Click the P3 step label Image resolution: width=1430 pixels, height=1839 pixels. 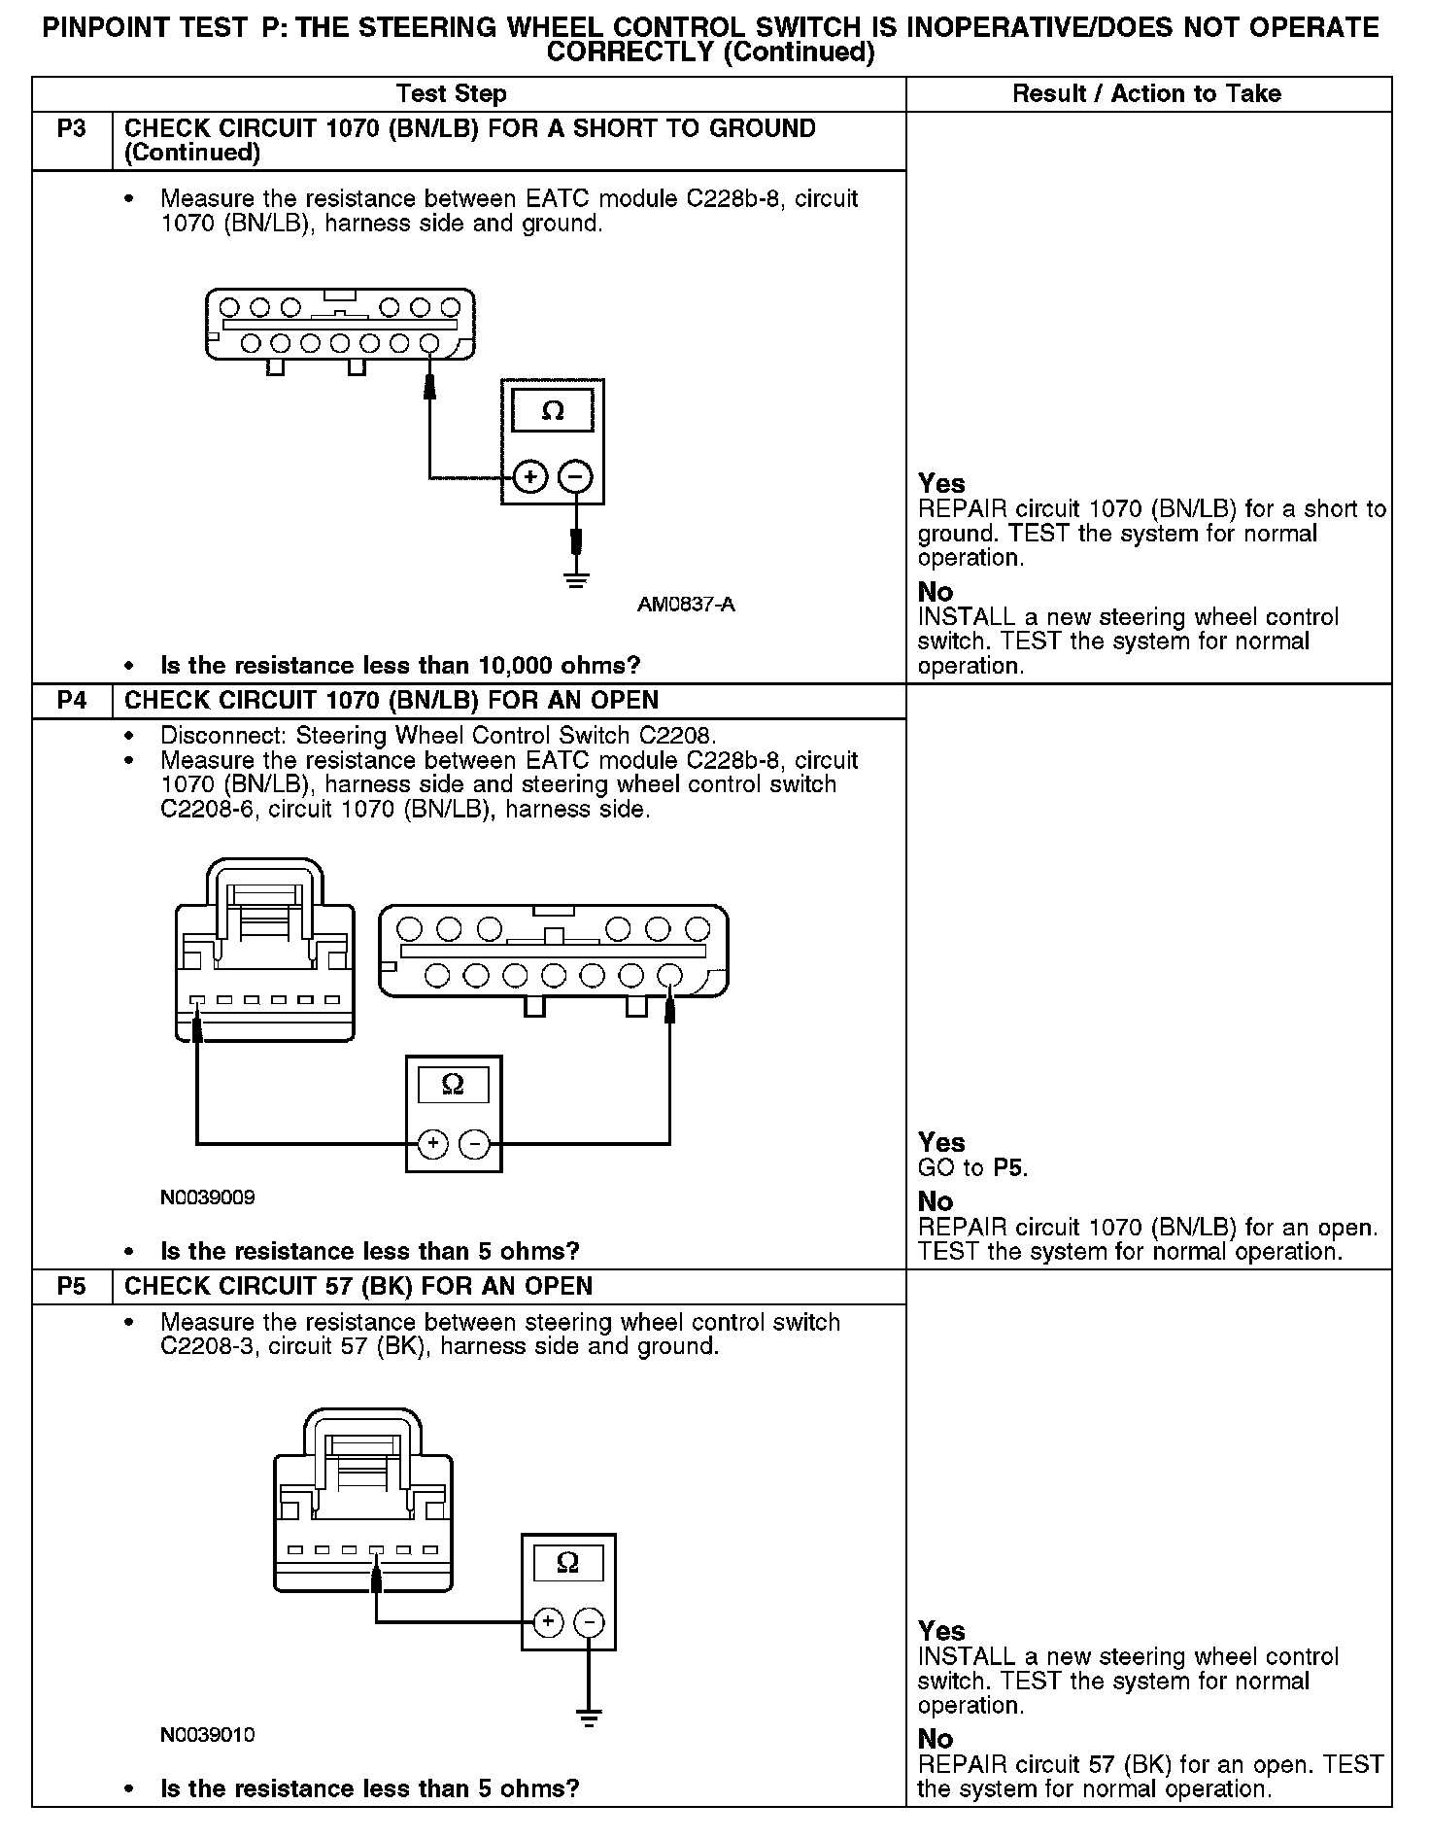(72, 129)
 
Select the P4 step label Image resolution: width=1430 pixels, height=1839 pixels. (72, 701)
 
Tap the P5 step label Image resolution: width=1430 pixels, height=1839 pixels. (72, 1287)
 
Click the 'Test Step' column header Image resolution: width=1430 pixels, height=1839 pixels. (451, 94)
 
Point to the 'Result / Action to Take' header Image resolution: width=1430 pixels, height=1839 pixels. (1146, 94)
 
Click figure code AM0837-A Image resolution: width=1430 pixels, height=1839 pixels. (686, 605)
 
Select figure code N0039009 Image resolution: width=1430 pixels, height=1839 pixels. (208, 1197)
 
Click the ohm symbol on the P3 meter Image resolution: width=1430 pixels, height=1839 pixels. (552, 410)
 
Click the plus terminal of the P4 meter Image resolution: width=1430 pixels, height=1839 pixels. (432, 1145)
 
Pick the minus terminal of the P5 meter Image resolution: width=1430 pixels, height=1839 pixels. (589, 1621)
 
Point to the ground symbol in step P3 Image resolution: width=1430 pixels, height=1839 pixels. (577, 580)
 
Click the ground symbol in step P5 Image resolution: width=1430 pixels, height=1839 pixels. (589, 1718)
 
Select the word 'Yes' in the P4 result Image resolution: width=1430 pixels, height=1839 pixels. (941, 1142)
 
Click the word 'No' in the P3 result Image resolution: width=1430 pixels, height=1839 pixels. (936, 592)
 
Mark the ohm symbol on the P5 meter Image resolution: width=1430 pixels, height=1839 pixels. (568, 1562)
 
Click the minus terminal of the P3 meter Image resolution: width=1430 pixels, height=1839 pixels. (575, 477)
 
